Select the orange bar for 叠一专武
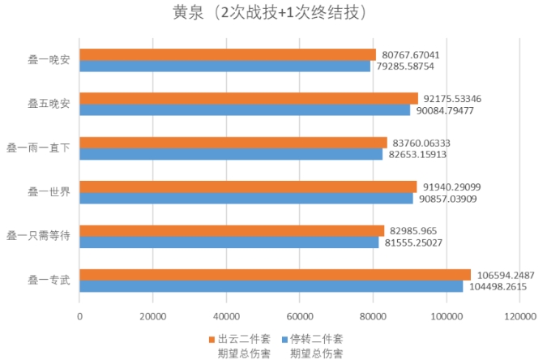point(275,274)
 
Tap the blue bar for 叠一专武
point(271,286)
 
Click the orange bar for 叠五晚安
point(248,98)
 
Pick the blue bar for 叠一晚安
point(224,66)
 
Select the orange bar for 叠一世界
point(248,186)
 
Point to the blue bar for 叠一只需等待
point(229,242)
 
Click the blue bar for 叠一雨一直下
point(231,154)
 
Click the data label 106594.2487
point(504,274)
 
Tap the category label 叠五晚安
point(49,104)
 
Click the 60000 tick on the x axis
point(300,317)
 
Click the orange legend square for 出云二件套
point(212,338)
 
